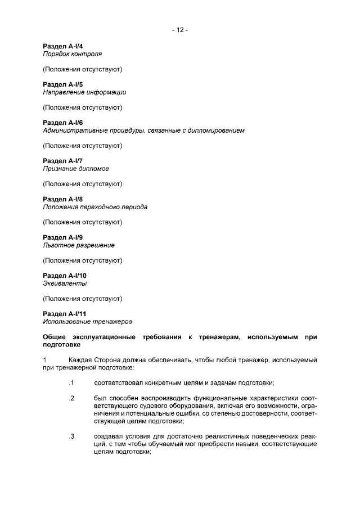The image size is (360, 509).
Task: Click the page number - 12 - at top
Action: pyautogui.click(x=180, y=30)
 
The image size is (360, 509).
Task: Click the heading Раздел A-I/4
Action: pyautogui.click(x=63, y=46)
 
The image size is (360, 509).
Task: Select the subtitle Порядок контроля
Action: pyautogui.click(x=72, y=54)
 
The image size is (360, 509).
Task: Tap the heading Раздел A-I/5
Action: pyautogui.click(x=63, y=84)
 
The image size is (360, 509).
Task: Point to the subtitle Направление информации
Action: pyautogui.click(x=84, y=92)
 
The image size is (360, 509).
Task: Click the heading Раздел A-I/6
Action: pyautogui.click(x=63, y=123)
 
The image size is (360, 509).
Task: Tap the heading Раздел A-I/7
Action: pyautogui.click(x=63, y=161)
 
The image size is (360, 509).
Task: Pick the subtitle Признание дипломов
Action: pyautogui.click(x=76, y=169)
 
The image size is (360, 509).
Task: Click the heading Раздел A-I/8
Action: pyautogui.click(x=63, y=199)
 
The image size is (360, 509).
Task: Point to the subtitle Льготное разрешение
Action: pyautogui.click(x=79, y=245)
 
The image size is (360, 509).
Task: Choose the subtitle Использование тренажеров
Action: pyautogui.click(x=87, y=322)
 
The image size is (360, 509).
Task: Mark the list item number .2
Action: pyautogui.click(x=71, y=398)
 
